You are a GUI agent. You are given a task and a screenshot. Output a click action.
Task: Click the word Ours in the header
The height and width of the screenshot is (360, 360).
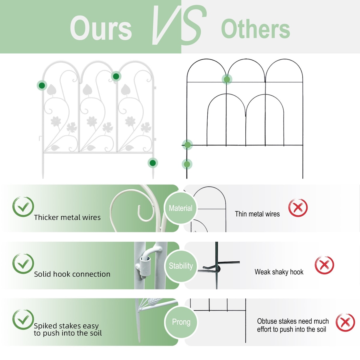coord(101,28)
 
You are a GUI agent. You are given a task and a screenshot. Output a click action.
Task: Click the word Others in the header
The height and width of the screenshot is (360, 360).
coord(255,29)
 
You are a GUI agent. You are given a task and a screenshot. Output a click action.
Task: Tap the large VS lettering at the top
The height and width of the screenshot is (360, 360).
coord(179,25)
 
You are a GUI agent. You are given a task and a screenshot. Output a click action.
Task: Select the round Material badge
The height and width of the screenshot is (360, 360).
coord(181,208)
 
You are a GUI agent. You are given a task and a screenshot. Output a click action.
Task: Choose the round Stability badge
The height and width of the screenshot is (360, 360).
coord(181,266)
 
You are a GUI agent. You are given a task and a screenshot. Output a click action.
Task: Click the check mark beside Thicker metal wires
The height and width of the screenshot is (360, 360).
coord(23,207)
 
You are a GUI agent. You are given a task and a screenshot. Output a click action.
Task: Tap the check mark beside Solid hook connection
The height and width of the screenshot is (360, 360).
coord(23,263)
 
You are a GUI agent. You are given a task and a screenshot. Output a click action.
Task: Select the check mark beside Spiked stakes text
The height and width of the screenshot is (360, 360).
coord(23,319)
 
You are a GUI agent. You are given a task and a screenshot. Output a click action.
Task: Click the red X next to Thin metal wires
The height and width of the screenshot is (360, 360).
coord(298,208)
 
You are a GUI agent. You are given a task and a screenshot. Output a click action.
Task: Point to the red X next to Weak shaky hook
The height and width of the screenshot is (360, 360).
coord(324,265)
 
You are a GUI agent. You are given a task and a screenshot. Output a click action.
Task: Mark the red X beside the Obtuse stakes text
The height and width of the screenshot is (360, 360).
coord(345,322)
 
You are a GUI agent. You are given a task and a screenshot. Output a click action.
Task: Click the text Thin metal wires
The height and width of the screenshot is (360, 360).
coord(257,214)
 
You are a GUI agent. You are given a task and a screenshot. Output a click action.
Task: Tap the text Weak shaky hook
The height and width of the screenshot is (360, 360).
coord(279,272)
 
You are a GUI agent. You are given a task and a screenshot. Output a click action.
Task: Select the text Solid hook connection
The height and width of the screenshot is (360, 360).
coord(72,274)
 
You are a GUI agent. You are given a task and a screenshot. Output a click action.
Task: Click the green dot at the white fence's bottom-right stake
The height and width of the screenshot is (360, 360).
coord(153,163)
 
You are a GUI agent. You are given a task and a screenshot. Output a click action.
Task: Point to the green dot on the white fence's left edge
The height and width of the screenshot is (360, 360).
coord(42,85)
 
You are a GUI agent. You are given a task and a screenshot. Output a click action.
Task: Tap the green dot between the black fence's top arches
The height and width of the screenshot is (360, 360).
coord(227,79)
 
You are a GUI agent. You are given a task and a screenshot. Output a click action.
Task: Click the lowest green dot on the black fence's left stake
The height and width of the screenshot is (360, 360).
coord(187,164)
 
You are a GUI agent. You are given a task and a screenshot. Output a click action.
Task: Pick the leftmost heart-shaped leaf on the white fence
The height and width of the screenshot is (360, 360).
coord(51,90)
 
